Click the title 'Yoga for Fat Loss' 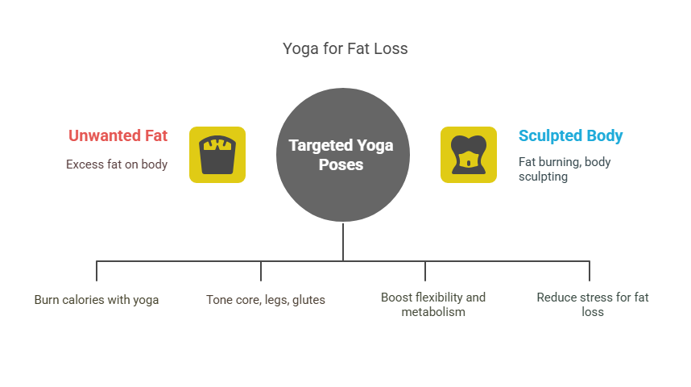point(345,49)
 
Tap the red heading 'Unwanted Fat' point(118,135)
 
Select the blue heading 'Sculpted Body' point(570,135)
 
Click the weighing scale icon point(217,154)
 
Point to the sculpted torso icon point(468,154)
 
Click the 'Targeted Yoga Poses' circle point(343,154)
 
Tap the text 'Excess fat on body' point(117,164)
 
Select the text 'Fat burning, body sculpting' point(564,169)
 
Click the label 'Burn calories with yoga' point(97,300)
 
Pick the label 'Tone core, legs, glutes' point(266,300)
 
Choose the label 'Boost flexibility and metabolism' point(433,304)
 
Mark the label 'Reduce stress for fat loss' point(593,304)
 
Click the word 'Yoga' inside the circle point(375,146)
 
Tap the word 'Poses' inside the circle point(341,164)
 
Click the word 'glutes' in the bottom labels point(308,300)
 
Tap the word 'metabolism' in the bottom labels point(433,311)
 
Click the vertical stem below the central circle point(343,241)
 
